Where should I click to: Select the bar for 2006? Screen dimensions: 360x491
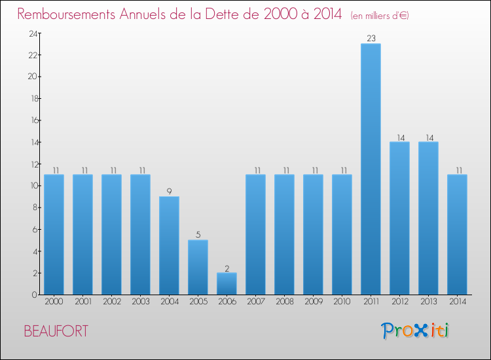[227, 283]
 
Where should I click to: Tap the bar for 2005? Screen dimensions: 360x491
[198, 267]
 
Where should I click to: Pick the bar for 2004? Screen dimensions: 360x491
[169, 245]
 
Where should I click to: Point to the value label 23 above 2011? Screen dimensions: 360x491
[371, 39]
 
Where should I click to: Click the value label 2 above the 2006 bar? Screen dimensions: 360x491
[227, 268]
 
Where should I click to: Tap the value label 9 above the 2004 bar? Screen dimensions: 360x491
[169, 192]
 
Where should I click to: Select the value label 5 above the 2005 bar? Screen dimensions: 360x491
[198, 235]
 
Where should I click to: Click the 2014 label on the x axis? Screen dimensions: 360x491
[457, 302]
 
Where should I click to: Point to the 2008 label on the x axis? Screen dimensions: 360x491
[284, 302]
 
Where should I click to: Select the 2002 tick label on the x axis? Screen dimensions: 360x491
[111, 302]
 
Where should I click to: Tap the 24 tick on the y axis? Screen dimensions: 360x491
[32, 33]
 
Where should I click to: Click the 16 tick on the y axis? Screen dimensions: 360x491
[32, 120]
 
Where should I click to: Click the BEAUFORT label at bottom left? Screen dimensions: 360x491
[56, 331]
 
